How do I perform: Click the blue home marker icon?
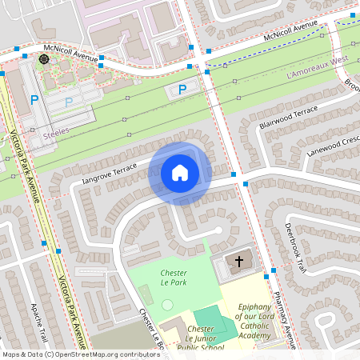(180, 173)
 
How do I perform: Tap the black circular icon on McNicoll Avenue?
(43, 58)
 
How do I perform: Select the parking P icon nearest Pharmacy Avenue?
(182, 90)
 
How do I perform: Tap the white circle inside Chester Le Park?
(166, 305)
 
